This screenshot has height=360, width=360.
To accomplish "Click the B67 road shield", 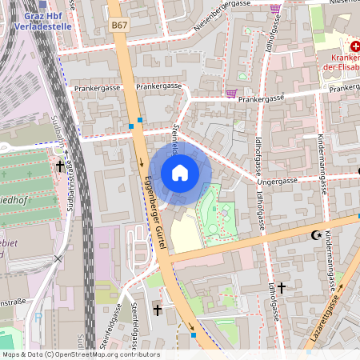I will [x=119, y=26].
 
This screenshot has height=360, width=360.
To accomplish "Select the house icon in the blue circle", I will [x=179, y=173].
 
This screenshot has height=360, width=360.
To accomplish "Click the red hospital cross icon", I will [x=354, y=47].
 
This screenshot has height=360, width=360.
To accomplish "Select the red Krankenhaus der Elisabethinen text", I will [x=340, y=63].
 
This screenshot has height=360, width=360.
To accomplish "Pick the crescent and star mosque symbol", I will [x=318, y=234].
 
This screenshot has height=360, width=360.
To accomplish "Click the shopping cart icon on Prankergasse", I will [x=231, y=94].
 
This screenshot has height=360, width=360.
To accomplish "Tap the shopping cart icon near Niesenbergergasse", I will [x=275, y=9].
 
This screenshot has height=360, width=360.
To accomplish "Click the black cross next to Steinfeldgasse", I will [x=157, y=309].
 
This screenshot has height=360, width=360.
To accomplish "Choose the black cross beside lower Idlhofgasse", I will [x=281, y=286].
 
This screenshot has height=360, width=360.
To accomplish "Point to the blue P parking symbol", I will [x=38, y=317].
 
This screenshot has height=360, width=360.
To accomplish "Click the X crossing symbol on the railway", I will [x=57, y=258].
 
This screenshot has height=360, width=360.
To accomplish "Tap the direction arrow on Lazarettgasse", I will [x=339, y=288].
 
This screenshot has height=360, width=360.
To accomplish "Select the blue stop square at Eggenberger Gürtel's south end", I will [x=193, y=335].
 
